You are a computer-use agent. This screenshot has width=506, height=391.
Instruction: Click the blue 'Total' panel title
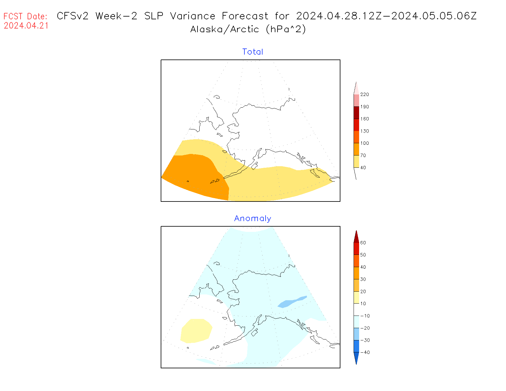253,52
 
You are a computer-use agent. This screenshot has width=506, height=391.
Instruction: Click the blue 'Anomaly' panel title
253,218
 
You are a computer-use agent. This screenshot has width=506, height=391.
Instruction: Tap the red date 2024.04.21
26,26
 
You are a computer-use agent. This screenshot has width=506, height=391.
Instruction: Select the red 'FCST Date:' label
25,16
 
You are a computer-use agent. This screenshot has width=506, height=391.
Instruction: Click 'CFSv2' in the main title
73,16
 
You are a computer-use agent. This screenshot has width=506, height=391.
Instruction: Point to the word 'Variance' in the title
193,16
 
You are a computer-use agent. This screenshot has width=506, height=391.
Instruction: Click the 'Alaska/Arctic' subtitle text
225,29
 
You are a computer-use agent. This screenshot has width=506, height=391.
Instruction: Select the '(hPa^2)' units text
286,29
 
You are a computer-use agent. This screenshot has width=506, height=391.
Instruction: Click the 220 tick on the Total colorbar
364,94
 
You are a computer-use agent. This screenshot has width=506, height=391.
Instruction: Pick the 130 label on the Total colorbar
364,131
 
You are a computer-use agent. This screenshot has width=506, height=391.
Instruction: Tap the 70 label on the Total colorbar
363,155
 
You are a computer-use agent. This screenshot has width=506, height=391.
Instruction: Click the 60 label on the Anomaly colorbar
363,243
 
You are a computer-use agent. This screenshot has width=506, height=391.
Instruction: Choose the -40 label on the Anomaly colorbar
365,352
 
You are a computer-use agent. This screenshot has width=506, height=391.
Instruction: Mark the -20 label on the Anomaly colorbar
365,328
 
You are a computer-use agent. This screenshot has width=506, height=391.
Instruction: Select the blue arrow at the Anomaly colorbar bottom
356,358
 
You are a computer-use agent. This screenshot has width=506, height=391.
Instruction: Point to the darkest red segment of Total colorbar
356,113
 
